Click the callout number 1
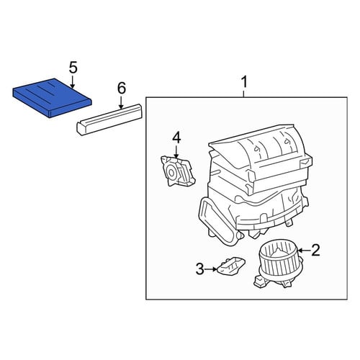(x=244, y=82)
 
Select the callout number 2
(x=315, y=251)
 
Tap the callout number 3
(x=200, y=269)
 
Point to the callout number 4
(x=176, y=138)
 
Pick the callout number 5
(x=73, y=68)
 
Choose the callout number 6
(x=122, y=88)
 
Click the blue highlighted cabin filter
(x=53, y=98)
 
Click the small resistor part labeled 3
(x=231, y=265)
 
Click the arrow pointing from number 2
(x=304, y=251)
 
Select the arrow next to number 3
(x=211, y=269)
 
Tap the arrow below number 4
(x=176, y=152)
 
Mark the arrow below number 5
(x=73, y=82)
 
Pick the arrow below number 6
(x=121, y=102)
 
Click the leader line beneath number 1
(x=244, y=94)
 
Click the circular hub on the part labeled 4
(x=171, y=172)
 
